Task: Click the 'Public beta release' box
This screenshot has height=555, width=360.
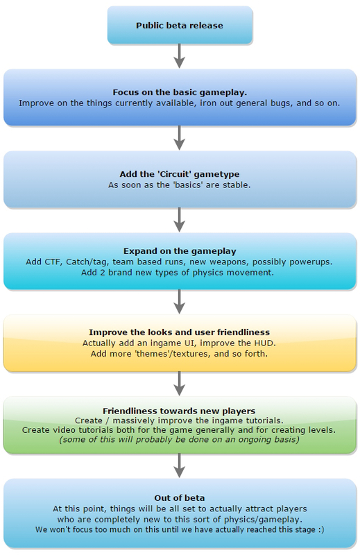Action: [x=180, y=25]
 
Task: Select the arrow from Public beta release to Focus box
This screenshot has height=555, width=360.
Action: [x=180, y=56]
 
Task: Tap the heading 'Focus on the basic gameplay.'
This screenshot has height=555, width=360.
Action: [x=180, y=92]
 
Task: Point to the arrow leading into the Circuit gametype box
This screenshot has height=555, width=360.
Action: [x=180, y=137]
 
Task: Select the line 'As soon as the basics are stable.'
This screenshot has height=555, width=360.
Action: [x=180, y=185]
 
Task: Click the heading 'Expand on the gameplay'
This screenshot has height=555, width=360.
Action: [x=180, y=251]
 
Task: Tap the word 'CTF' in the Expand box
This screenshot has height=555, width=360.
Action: [x=53, y=262]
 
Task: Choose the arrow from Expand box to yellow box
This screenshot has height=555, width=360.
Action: [x=180, y=302]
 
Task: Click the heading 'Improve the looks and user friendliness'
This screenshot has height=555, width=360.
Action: [x=180, y=332]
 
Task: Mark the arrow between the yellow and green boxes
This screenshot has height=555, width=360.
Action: [x=180, y=384]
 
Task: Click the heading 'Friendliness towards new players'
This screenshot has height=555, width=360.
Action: [x=179, y=411]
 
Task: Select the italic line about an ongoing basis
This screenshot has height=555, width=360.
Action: [x=180, y=440]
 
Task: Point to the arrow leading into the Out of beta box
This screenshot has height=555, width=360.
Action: [x=180, y=465]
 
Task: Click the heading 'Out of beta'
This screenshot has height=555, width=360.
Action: [x=180, y=498]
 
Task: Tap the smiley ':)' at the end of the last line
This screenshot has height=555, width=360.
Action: [x=320, y=529]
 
